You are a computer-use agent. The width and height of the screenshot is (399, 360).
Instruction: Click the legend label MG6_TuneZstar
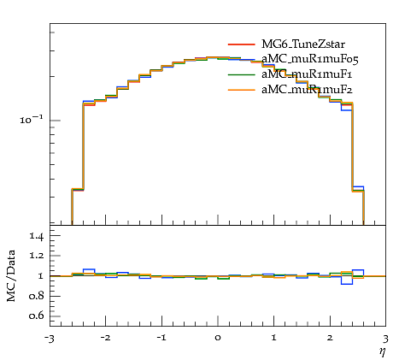click(x=303, y=44)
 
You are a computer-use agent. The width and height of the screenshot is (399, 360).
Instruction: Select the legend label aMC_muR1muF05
click(x=310, y=59)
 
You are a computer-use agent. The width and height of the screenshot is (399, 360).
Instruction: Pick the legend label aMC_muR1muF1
click(x=307, y=74)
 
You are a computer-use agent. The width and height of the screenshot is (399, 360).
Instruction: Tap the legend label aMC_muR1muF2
click(x=307, y=90)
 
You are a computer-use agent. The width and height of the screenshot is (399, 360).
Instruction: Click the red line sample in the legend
click(x=241, y=44)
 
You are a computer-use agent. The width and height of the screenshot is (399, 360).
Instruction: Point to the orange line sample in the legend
click(x=241, y=90)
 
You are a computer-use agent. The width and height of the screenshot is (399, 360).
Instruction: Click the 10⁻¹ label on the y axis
click(x=32, y=119)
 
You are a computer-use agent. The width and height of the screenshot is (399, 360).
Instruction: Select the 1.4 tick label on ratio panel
click(x=37, y=236)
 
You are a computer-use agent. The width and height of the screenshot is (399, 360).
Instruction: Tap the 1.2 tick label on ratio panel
click(x=37, y=256)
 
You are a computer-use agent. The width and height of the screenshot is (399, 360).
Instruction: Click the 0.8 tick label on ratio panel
click(x=37, y=296)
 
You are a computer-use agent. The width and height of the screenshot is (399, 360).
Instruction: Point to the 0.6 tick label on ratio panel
click(x=37, y=316)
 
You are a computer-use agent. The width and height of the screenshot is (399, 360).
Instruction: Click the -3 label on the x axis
click(x=49, y=339)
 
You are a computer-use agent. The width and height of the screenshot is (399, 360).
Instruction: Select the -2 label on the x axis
click(x=105, y=338)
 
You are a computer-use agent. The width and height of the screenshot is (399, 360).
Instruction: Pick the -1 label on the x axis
click(x=161, y=338)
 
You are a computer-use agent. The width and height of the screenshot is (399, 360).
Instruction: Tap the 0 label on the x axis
click(x=218, y=339)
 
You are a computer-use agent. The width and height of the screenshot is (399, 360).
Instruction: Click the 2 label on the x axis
click(x=330, y=338)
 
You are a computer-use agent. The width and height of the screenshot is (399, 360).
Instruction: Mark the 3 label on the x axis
click(x=386, y=339)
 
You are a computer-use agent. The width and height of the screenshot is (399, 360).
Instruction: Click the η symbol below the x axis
click(x=383, y=352)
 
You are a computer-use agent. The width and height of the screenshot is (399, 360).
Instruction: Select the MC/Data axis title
click(x=11, y=275)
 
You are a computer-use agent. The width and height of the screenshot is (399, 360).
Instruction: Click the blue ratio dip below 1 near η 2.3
click(x=347, y=284)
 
